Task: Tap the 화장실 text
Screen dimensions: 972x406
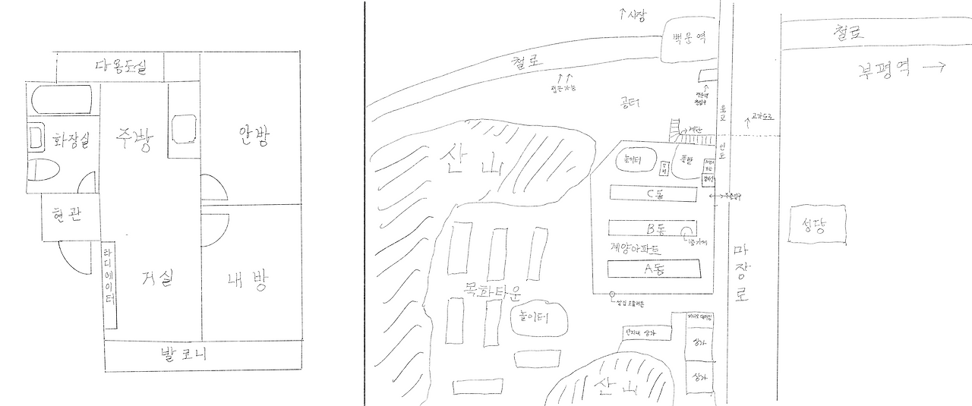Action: (x=71, y=140)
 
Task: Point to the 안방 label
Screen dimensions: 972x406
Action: (x=254, y=137)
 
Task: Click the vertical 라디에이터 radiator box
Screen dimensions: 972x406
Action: (x=110, y=285)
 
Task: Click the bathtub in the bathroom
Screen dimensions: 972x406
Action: (x=60, y=100)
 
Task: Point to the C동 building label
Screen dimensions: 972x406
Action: (x=654, y=194)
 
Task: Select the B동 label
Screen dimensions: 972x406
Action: (x=655, y=228)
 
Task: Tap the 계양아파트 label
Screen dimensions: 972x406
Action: (x=636, y=248)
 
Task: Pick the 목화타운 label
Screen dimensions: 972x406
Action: (x=491, y=288)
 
